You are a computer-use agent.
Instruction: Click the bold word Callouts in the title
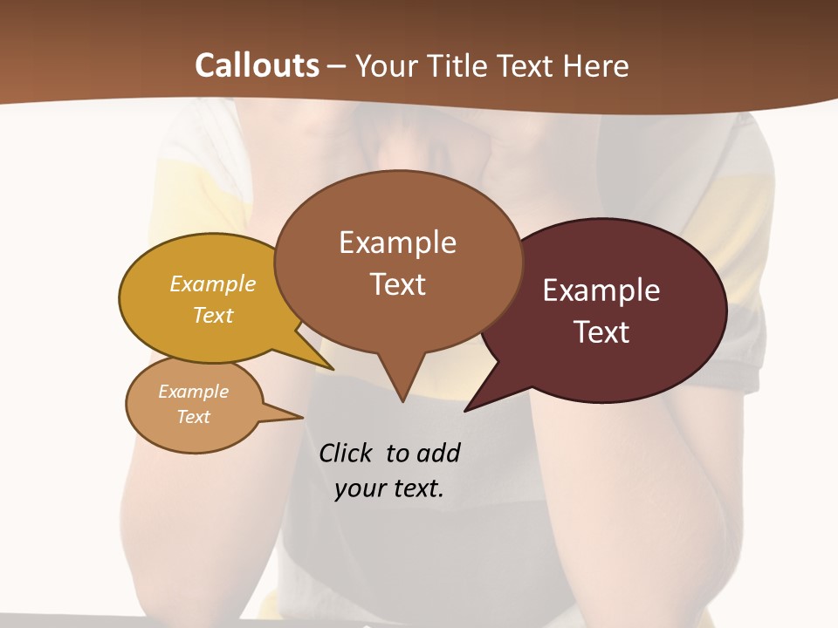click(257, 65)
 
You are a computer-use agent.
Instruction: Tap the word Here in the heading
click(597, 65)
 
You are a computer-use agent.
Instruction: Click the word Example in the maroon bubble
click(601, 290)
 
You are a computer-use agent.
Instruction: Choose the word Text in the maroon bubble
click(601, 332)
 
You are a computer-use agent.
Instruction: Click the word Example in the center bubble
click(398, 242)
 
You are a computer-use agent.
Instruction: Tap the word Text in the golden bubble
click(213, 315)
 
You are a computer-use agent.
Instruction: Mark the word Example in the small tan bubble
click(193, 392)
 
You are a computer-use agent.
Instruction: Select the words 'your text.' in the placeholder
click(389, 488)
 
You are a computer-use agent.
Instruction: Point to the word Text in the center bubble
click(398, 284)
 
